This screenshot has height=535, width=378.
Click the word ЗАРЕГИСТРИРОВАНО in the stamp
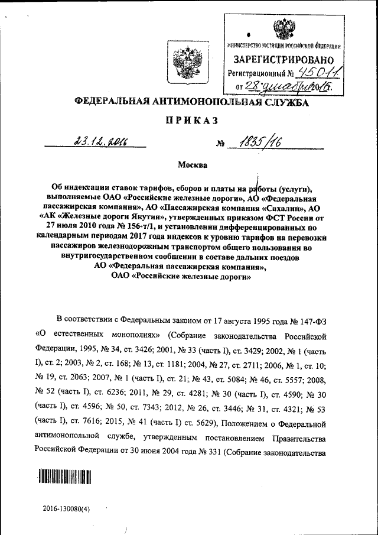[283, 60]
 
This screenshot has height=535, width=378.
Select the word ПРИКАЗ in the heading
[191, 121]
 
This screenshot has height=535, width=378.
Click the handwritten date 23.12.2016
[101, 140]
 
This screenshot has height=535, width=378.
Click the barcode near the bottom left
[66, 476]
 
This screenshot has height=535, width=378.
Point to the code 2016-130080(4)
[67, 508]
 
